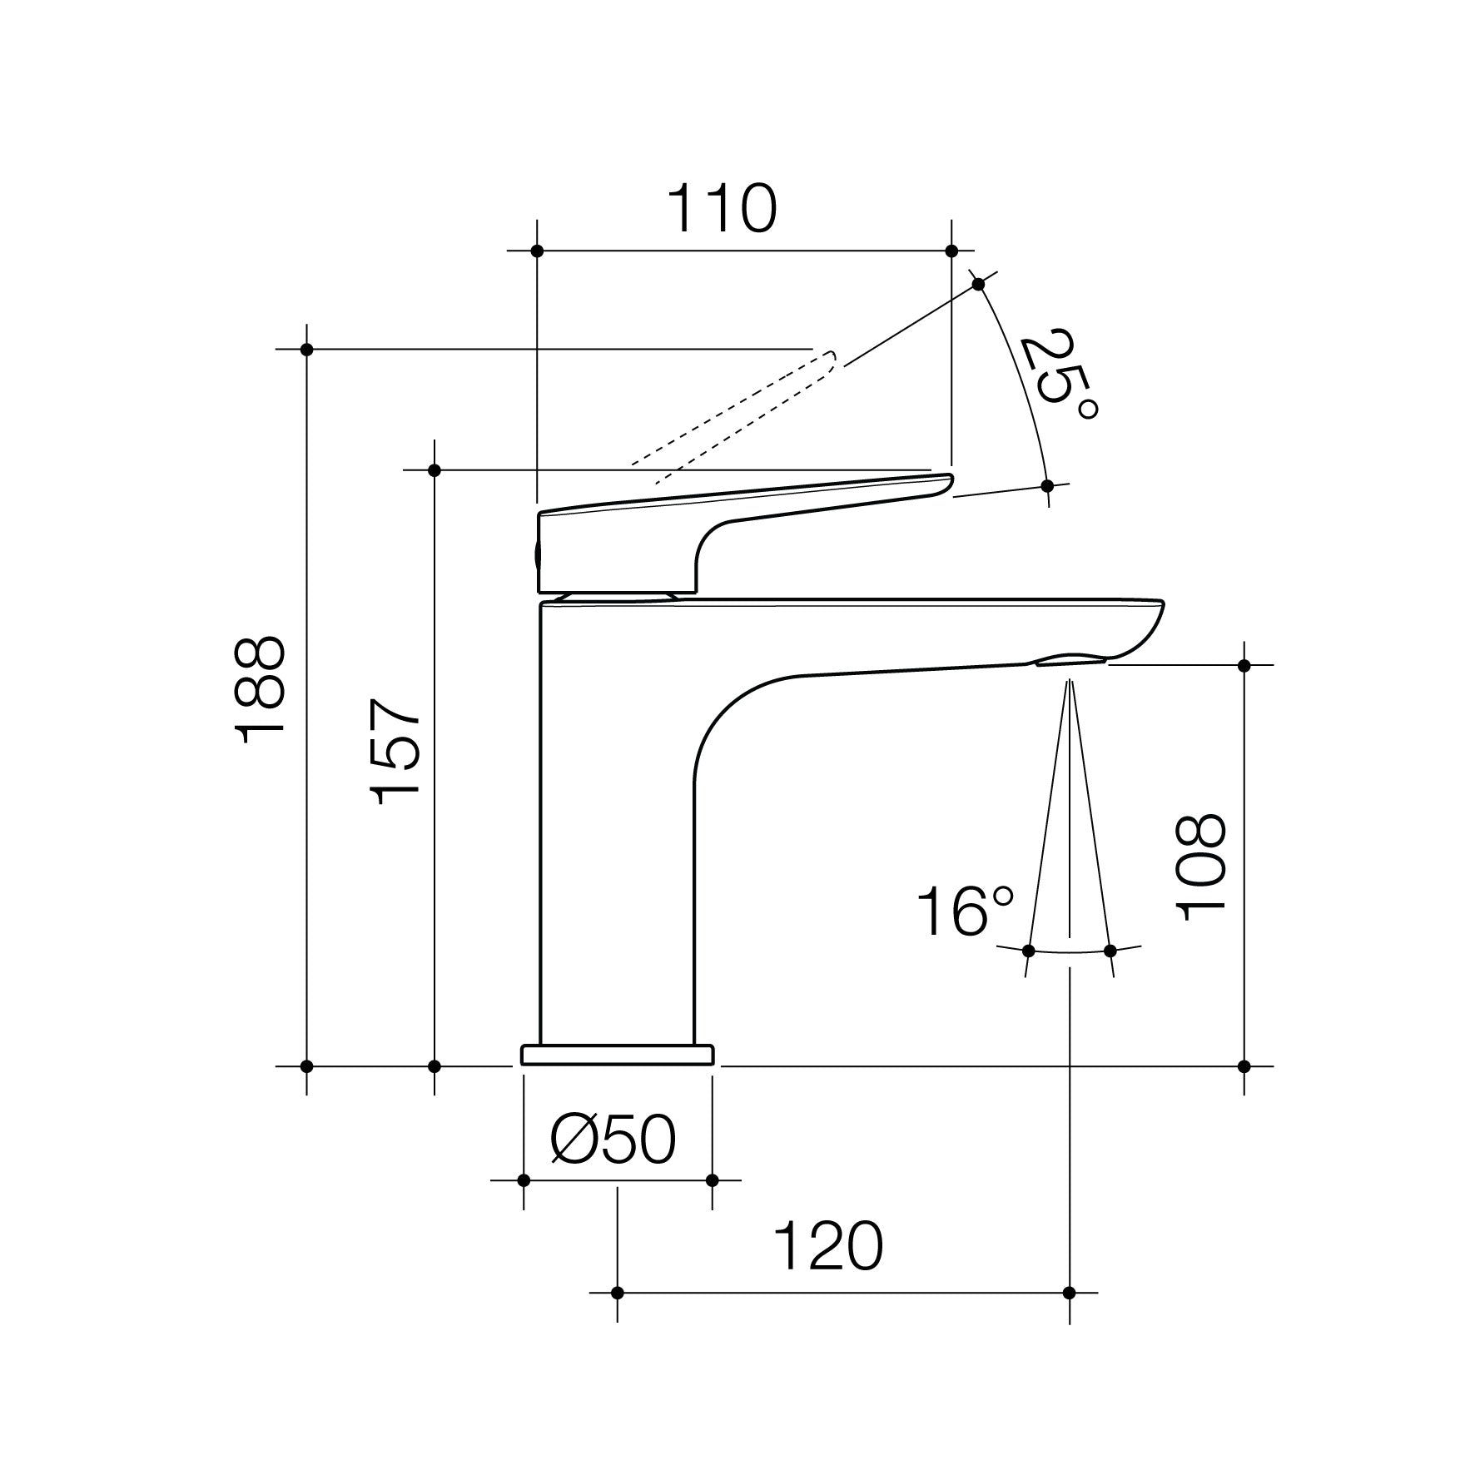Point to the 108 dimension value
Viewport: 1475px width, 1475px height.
(1200, 866)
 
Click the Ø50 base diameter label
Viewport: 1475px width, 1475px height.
(613, 1140)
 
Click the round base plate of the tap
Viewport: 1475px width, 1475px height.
(617, 1055)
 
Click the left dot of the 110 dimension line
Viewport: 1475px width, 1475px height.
(537, 251)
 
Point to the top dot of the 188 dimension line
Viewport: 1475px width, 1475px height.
(306, 349)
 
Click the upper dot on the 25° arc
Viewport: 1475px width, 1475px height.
(979, 285)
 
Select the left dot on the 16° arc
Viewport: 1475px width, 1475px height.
(1028, 951)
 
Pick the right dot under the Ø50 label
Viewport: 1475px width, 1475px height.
(712, 1180)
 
